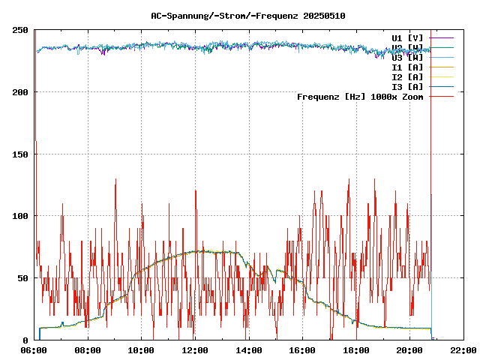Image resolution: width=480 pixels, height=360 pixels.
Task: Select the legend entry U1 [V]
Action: [407, 37]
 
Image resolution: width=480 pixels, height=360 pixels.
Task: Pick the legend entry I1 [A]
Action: [407, 67]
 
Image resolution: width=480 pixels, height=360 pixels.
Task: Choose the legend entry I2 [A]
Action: [407, 76]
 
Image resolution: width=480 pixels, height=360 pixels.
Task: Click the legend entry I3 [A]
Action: [407, 86]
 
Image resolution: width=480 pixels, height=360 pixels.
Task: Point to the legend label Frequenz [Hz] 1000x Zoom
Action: [360, 96]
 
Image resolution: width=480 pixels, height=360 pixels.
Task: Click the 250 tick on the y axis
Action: [20, 30]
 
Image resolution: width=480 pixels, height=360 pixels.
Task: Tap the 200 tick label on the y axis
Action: [20, 92]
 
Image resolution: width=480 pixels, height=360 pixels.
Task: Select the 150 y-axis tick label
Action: [20, 154]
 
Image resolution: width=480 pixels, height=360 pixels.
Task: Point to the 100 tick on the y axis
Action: [20, 216]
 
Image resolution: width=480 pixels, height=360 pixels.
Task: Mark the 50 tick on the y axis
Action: [22, 277]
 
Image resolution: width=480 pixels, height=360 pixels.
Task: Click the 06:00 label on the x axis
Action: [34, 349]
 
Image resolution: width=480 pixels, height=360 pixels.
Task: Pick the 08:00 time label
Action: [88, 349]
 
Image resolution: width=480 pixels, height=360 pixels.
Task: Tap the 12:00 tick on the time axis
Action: [195, 349]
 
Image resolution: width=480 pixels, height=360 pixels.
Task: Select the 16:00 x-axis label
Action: [302, 349]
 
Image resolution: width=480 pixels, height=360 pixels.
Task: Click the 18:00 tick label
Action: [355, 349]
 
